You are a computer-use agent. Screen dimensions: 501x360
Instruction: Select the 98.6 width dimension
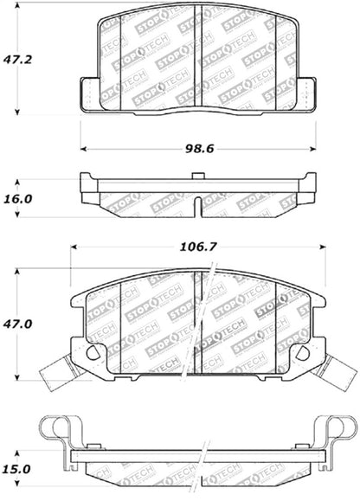(198, 148)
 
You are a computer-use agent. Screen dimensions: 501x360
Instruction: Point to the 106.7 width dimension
(198, 247)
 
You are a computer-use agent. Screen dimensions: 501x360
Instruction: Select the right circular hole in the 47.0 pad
(300, 353)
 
